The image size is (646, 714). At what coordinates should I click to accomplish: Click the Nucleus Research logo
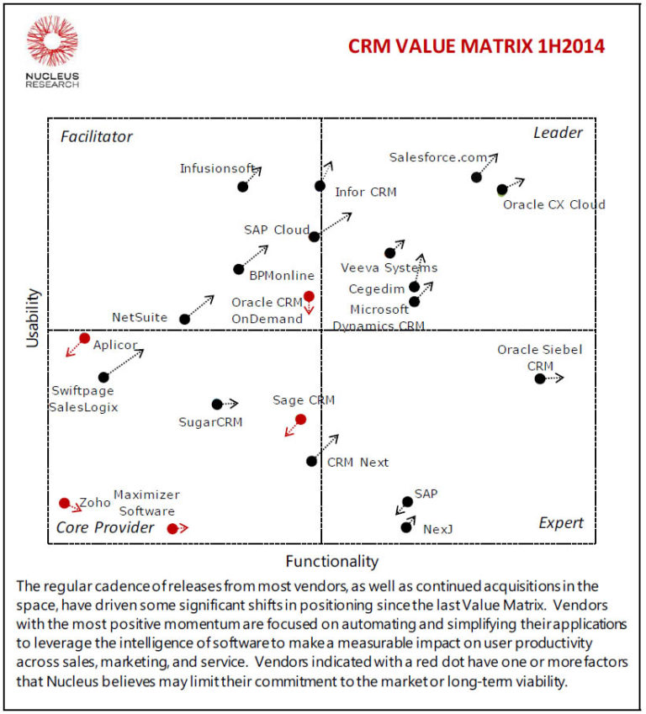[x=52, y=53]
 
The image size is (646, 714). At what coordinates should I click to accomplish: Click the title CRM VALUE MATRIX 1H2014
[x=476, y=46]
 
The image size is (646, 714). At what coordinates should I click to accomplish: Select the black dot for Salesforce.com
[x=476, y=177]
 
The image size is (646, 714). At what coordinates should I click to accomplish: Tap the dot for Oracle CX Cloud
[x=502, y=190]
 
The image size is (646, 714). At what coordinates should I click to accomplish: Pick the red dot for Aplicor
[x=84, y=338]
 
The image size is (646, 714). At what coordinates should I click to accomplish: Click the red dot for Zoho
[x=65, y=503]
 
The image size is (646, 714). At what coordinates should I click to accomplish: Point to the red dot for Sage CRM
[x=300, y=419]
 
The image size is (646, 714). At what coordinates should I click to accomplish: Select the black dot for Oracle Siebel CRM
[x=540, y=378]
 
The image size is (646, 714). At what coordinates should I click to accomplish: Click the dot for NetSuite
[x=185, y=319]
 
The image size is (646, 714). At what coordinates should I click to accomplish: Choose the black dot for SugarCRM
[x=217, y=405]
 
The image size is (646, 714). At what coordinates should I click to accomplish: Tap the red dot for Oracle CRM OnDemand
[x=309, y=296]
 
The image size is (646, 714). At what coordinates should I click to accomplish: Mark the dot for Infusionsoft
[x=243, y=186]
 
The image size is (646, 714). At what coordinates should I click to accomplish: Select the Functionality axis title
[x=331, y=561]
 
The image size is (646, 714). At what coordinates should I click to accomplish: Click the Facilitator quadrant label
[x=96, y=136]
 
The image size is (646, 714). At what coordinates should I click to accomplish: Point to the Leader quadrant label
[x=558, y=133]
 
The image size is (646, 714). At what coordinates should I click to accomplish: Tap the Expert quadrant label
[x=560, y=523]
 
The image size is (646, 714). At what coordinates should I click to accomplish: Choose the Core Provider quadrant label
[x=105, y=527]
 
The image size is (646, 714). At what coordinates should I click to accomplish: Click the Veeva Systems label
[x=389, y=268]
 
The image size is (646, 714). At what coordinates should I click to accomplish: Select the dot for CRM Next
[x=312, y=461]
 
